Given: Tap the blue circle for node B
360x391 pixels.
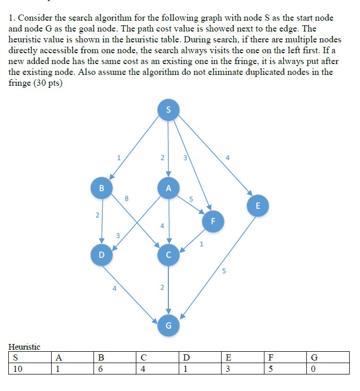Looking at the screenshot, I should pyautogui.click(x=102, y=188).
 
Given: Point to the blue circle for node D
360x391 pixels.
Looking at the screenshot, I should pyautogui.click(x=101, y=255).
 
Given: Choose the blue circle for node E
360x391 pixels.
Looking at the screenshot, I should pyautogui.click(x=258, y=205).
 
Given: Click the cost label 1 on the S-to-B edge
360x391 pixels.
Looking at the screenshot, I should pyautogui.click(x=119, y=157).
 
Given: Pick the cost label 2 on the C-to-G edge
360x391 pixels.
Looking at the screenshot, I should pyautogui.click(x=162, y=287).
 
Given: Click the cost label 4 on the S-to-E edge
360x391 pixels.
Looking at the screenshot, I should pyautogui.click(x=227, y=158).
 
